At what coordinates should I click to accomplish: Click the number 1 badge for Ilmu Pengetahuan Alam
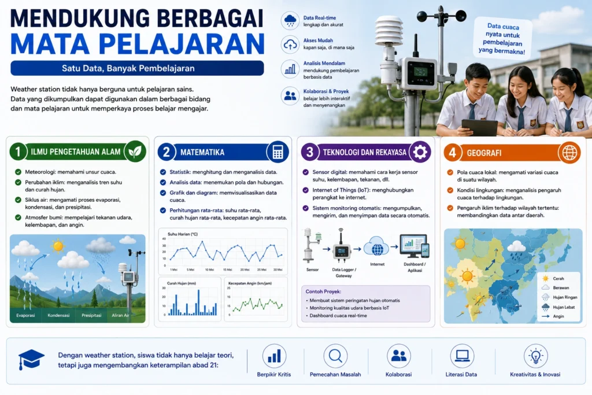tap(17, 152)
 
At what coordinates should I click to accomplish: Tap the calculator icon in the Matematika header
tap(277, 152)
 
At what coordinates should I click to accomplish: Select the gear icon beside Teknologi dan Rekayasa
tap(420, 152)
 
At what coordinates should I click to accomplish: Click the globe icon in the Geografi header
tap(569, 153)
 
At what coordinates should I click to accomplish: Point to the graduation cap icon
tap(31, 359)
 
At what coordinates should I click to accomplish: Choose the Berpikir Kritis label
tap(273, 375)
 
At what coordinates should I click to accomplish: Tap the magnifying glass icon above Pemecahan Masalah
tap(335, 356)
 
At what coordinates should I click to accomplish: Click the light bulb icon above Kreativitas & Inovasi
tap(535, 356)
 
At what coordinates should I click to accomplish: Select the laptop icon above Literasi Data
tap(462, 356)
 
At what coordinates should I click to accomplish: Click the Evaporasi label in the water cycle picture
tap(25, 315)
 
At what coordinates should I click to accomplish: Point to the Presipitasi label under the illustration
tap(91, 315)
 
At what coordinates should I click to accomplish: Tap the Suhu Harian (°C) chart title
tap(183, 234)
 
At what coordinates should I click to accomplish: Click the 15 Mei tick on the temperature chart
tap(227, 270)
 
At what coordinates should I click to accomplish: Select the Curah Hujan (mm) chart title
tap(182, 283)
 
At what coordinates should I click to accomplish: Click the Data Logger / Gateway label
tap(344, 272)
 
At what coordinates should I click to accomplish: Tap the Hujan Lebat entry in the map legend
tap(558, 307)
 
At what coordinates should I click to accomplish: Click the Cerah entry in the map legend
tap(553, 279)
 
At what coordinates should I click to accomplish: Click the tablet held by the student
tap(479, 128)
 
